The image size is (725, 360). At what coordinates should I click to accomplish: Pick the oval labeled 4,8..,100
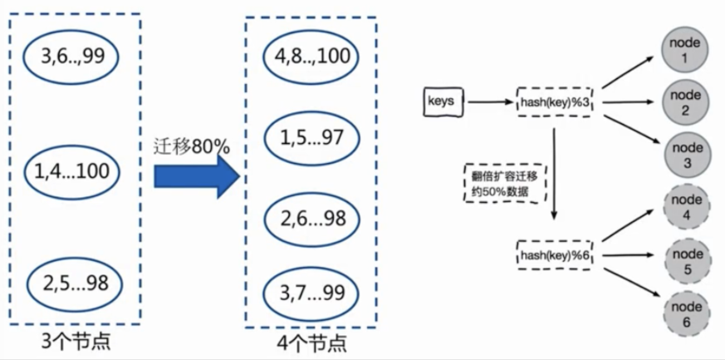311,57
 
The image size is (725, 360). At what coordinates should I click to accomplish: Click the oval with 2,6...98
311,219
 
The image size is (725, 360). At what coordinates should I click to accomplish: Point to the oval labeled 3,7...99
311,292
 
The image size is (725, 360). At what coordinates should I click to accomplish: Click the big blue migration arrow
196,175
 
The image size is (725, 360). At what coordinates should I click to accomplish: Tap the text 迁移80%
192,145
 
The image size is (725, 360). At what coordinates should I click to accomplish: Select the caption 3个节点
76,341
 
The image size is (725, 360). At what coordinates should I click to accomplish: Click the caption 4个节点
311,343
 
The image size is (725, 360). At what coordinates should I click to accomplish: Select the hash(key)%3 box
556,102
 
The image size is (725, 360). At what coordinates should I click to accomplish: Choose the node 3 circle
686,155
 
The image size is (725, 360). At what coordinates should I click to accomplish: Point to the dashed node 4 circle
686,208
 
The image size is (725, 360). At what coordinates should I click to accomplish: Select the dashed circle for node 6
686,314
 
